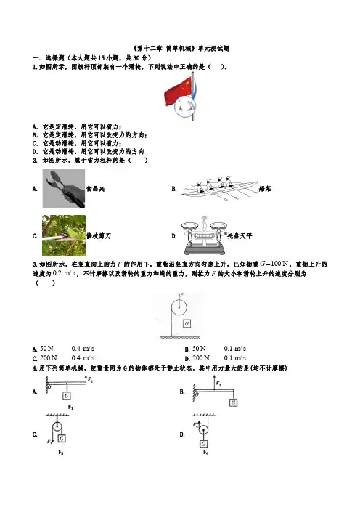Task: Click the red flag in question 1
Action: coord(178,91)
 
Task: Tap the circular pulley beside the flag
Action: coord(185,107)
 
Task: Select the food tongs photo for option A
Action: coord(64,188)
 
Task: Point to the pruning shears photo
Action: coord(64,235)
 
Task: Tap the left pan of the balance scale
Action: coord(192,225)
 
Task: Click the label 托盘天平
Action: coord(240,236)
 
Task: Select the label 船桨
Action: coord(265,189)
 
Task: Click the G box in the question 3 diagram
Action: coord(187,323)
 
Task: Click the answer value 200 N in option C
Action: coord(48,358)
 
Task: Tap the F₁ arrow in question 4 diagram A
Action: coord(86,379)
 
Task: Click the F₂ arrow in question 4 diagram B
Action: coord(214,382)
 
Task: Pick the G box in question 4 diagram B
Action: coord(233,402)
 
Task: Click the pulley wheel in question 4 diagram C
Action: coord(57,426)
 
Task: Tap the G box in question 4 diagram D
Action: coord(204,444)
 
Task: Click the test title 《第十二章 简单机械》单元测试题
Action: coord(181,49)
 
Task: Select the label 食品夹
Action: coord(95,189)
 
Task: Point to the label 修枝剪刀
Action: coord(99,236)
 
